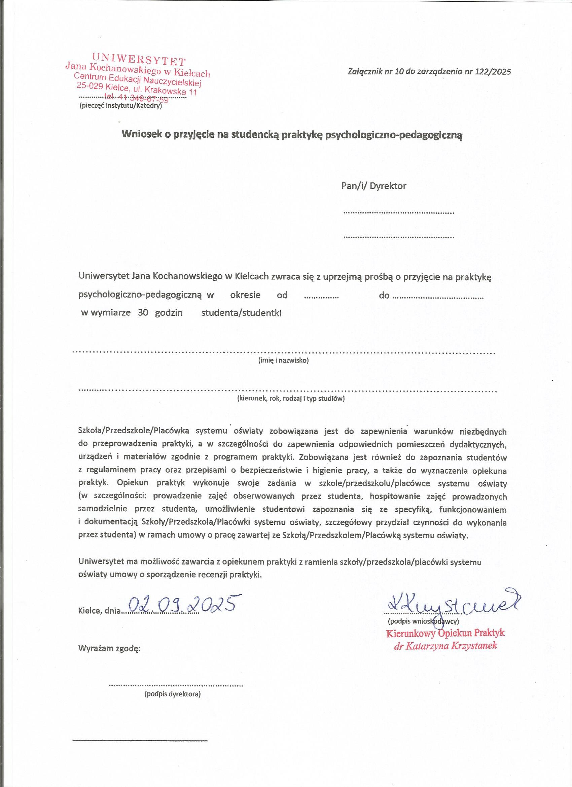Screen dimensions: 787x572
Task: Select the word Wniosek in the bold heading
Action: click(141, 134)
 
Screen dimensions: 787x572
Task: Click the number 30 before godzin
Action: click(143, 313)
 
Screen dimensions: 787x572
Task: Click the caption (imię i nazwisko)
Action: click(283, 361)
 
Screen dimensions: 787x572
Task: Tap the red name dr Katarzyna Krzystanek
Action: click(446, 646)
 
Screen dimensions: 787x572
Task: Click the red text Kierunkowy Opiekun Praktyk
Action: click(445, 633)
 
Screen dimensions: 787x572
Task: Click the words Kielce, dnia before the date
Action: click(100, 611)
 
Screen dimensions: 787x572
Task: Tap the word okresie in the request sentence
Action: click(245, 295)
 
